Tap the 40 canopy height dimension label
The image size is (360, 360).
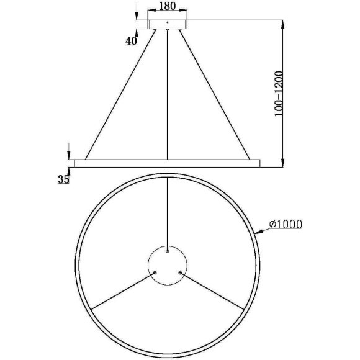tap(131, 42)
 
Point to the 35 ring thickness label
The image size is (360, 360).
tap(63, 180)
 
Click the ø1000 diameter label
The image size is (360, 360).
tap(286, 225)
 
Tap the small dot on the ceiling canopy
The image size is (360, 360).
tap(168, 23)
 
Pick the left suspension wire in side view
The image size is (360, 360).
tap(120, 93)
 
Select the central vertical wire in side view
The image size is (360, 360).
tap(168, 93)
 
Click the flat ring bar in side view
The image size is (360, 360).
tap(166, 163)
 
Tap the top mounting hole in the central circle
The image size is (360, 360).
tap(168, 251)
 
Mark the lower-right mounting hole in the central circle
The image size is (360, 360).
tap(180, 272)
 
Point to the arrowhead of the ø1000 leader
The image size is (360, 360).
tap(256, 233)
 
